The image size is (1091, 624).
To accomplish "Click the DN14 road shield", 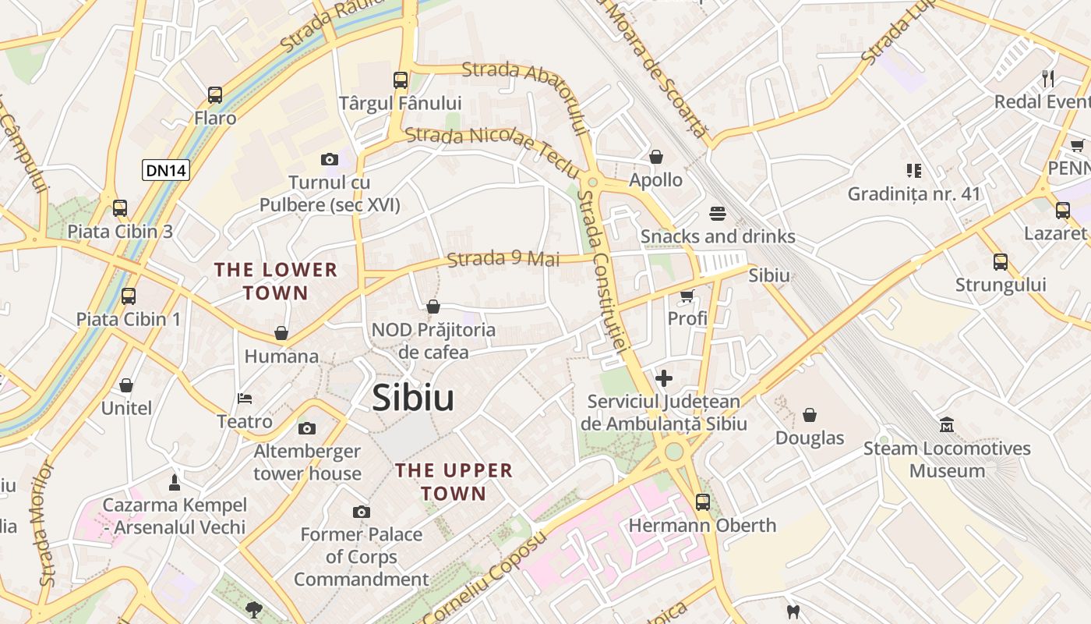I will coord(166,170).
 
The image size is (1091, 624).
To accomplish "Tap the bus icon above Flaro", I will coord(215,95).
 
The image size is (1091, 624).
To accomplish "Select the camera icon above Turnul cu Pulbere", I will coord(330,159).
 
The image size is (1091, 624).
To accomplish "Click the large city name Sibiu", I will coord(413,398).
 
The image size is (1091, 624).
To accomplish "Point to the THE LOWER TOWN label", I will coord(276,282).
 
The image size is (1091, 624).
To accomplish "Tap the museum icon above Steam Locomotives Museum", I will coord(947,425).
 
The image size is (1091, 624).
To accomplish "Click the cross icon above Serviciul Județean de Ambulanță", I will coord(664,378).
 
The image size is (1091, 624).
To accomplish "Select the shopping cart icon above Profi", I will coord(687,296).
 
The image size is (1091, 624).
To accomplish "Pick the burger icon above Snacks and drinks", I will coord(718,213).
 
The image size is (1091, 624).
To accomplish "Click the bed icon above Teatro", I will coord(245,399).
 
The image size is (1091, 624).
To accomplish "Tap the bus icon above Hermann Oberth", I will coord(703,502).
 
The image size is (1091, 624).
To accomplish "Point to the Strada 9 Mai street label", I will coord(503,258).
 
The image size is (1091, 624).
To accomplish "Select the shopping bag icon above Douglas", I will coord(810,414).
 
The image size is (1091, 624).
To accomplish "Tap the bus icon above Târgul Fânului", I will coord(401,80).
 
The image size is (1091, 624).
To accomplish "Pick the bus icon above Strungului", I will coord(1001,262).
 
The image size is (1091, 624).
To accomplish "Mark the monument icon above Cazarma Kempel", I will coord(175,482).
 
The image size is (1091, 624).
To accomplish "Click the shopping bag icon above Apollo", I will coord(656,157).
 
